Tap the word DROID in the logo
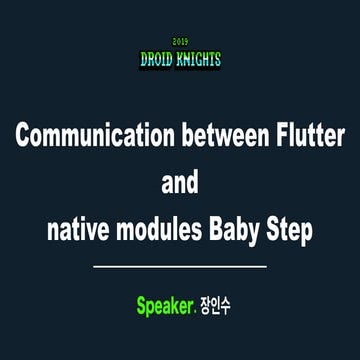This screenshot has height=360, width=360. (157, 60)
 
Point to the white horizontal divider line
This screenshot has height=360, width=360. (180, 267)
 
